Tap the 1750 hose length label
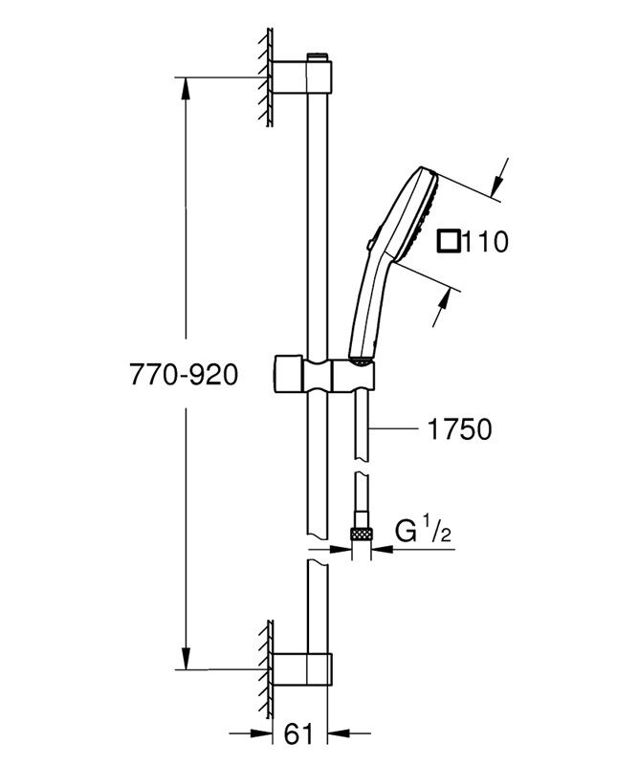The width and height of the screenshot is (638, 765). [459, 429]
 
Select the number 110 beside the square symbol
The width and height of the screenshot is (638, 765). [485, 242]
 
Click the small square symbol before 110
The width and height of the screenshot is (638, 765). [449, 241]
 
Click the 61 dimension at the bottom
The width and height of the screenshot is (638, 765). [298, 733]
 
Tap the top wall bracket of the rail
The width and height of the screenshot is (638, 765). [302, 76]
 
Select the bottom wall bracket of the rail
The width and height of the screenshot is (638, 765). [302, 668]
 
